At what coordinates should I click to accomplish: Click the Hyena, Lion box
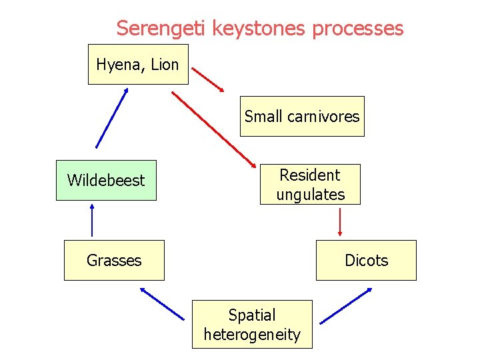point(138,65)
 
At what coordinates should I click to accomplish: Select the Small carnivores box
point(302,117)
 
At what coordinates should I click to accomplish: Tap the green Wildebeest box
point(106,180)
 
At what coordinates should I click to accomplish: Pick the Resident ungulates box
point(310,185)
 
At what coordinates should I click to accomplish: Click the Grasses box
point(114,260)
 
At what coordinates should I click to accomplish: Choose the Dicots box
point(366,260)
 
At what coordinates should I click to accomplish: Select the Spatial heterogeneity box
point(252,325)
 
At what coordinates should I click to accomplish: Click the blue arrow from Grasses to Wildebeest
point(92,220)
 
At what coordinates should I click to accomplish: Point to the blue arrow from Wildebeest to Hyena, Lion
point(111,118)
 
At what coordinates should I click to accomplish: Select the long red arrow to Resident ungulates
point(213,129)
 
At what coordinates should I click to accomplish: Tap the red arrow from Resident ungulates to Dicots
point(340,222)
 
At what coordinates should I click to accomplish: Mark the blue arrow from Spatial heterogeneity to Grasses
point(162,303)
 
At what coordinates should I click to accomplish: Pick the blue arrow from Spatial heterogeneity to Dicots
point(347,306)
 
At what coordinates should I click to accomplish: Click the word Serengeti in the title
point(162,28)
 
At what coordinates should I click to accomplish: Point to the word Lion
point(165,65)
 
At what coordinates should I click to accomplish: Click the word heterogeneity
point(252,334)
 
